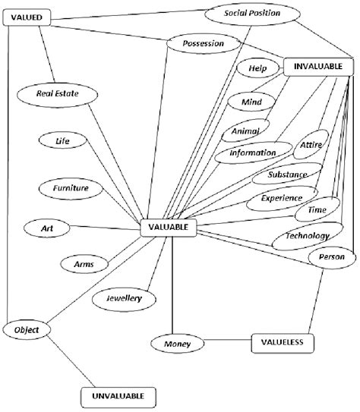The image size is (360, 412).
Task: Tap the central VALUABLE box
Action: (169, 225)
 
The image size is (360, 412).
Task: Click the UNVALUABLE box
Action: (118, 395)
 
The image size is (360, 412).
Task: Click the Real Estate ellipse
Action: (57, 93)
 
